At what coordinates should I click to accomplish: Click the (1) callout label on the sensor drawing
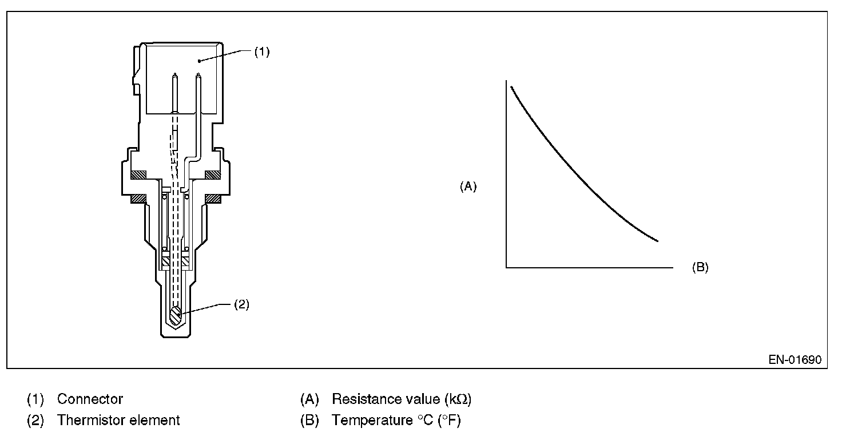[261, 51]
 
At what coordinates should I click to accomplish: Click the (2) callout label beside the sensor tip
[241, 304]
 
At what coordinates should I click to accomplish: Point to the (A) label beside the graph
[468, 187]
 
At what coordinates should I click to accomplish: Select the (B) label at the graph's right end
[700, 267]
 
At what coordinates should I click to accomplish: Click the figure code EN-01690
[795, 360]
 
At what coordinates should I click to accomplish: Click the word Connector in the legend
[90, 399]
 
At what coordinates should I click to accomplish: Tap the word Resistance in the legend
[362, 399]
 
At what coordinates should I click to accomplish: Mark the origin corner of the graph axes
[507, 267]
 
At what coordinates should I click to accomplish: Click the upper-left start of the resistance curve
[511, 86]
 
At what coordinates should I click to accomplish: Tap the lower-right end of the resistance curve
[658, 240]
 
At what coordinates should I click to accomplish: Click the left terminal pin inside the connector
[175, 92]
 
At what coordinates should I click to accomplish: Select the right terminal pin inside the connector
[198, 92]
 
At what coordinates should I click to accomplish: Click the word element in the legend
[156, 420]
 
